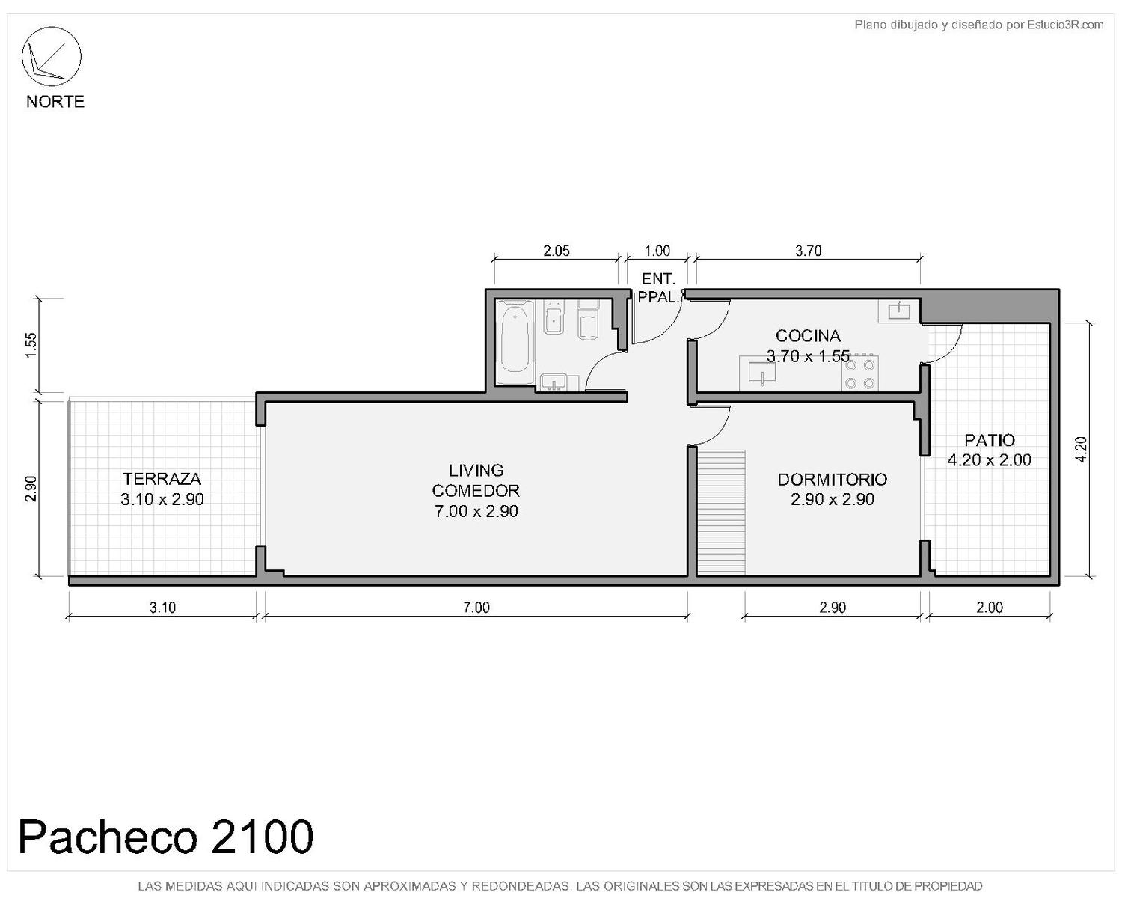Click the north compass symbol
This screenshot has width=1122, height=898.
[51, 56]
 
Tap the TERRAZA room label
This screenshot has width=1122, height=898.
[162, 478]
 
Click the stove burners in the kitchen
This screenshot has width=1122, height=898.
[859, 373]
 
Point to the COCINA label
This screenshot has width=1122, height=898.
[808, 335]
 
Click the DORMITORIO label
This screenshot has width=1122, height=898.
[832, 479]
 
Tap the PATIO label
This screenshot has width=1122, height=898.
[989, 440]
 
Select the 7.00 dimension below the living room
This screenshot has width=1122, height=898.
[476, 608]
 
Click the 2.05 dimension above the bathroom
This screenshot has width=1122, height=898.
[557, 251]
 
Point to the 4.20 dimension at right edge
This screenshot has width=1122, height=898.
[1081, 449]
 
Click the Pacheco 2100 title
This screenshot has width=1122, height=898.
[166, 837]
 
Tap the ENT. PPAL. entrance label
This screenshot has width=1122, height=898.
[658, 287]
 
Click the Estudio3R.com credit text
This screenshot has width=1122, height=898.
[978, 25]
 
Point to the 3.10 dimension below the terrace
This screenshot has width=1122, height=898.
[162, 608]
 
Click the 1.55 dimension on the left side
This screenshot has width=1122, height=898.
[31, 345]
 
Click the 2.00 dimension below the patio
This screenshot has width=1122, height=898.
[989, 608]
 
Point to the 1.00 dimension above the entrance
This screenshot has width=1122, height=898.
[657, 251]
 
